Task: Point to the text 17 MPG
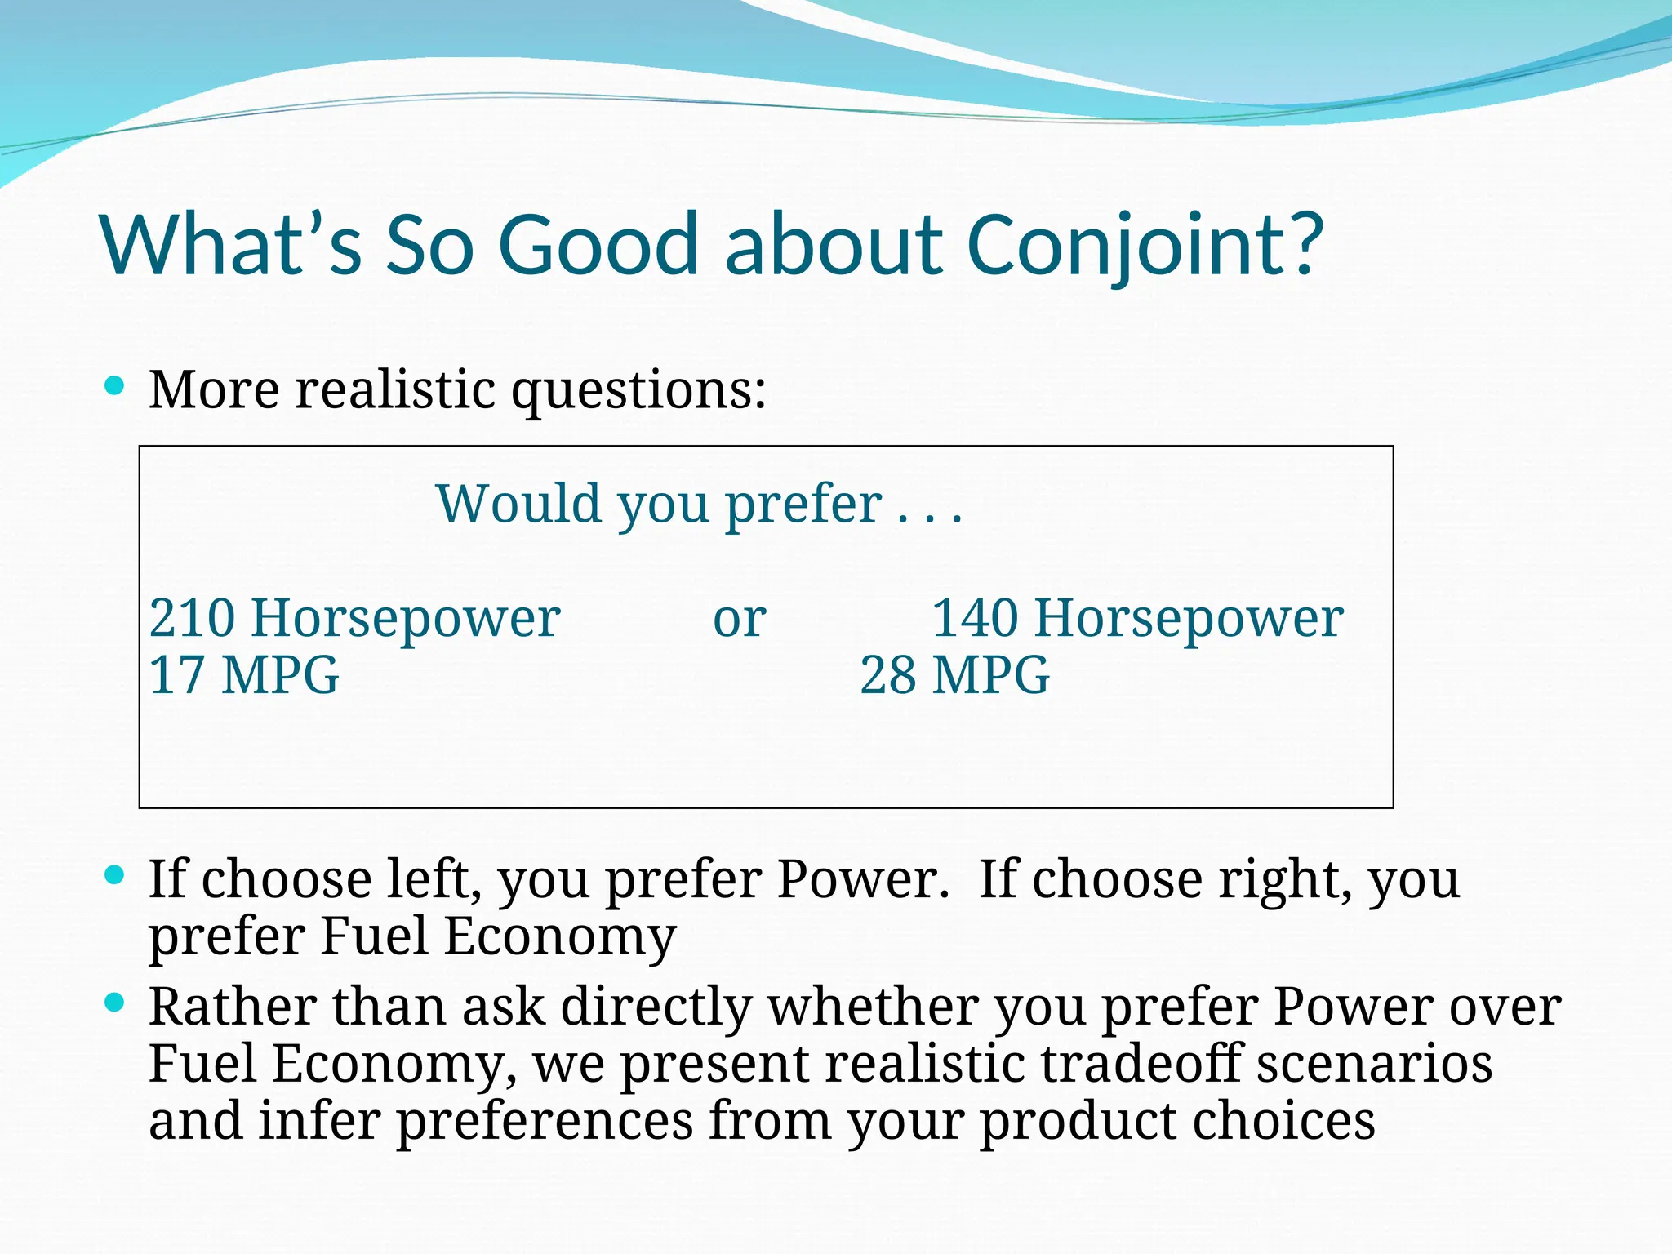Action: [243, 676]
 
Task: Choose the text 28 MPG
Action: [954, 676]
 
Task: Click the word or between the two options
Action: [740, 620]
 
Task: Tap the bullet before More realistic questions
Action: [115, 385]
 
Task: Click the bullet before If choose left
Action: [115, 876]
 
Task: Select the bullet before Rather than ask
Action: [115, 1003]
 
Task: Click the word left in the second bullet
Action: [434, 879]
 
